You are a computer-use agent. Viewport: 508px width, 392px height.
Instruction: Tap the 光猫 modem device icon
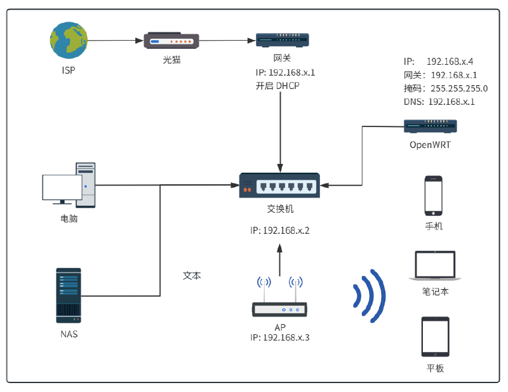coord(171,41)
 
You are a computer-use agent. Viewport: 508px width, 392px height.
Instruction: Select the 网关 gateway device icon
coord(283,40)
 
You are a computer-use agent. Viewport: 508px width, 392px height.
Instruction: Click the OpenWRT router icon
coord(430,126)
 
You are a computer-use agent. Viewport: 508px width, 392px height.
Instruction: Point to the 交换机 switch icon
coord(279,186)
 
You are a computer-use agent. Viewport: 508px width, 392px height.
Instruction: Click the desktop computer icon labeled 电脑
coord(69,185)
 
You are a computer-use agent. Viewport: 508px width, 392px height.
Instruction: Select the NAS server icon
coord(69,295)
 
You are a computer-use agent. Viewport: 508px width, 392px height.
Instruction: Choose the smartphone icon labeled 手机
coord(434,194)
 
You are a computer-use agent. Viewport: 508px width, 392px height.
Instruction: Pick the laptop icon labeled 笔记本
coord(435,266)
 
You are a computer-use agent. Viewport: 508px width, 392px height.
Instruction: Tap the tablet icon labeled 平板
coord(435,337)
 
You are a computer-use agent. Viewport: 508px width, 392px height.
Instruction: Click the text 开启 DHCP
coord(277,86)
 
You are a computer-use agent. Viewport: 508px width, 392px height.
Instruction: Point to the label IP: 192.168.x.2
coord(279,230)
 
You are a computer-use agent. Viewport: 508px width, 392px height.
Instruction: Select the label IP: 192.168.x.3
coord(279,337)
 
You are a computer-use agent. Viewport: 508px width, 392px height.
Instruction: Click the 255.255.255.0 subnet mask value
coord(459,88)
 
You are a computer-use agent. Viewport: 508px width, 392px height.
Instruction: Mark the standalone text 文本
coord(192,276)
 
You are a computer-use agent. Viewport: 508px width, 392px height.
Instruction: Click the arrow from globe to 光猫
coord(114,41)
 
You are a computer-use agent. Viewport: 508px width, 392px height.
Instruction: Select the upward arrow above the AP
coord(279,259)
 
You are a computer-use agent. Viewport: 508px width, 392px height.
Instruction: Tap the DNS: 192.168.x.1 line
coord(439,102)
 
